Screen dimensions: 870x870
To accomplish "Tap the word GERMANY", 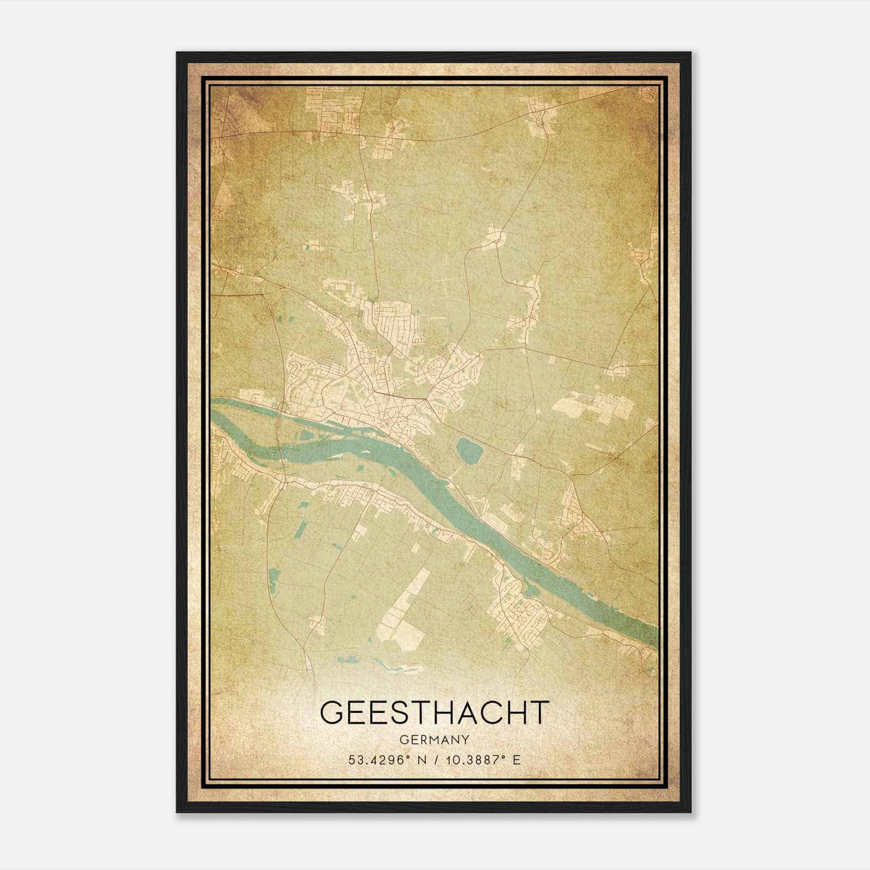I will coord(434,739).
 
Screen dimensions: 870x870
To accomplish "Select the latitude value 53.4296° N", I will coord(387,760).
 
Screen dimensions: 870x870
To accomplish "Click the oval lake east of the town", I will coord(469,450).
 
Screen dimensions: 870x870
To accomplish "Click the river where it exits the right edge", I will coord(650,633).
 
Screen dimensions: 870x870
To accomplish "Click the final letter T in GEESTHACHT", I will coord(538,712).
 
